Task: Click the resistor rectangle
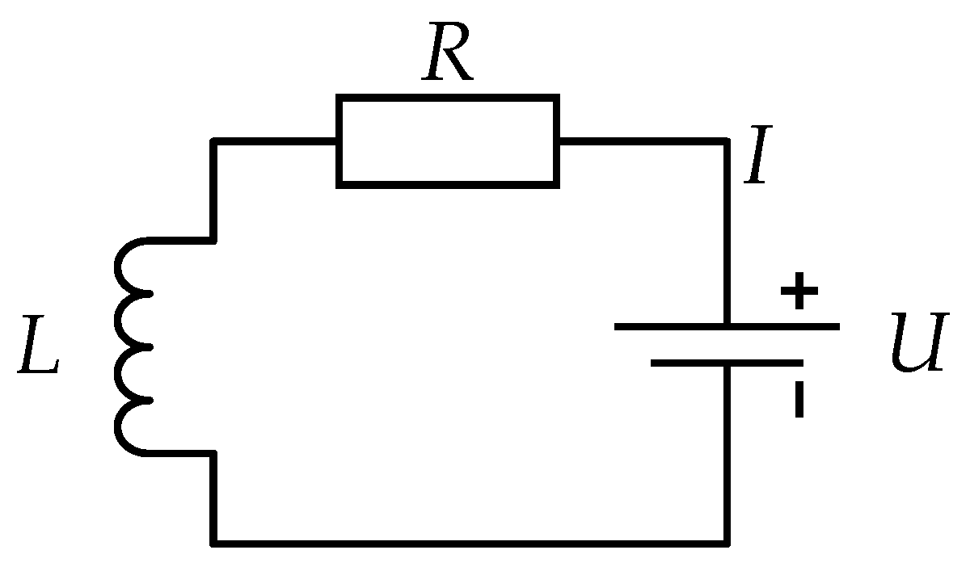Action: [447, 141]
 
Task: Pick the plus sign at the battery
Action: [799, 292]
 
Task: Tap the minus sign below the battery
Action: [799, 400]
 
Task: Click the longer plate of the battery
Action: [727, 326]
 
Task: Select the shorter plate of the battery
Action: [727, 363]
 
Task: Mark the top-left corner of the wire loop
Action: [214, 141]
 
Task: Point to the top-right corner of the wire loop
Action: [727, 141]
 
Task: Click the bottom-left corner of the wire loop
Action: [214, 541]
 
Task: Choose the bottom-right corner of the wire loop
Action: [727, 541]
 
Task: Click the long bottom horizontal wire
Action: [469, 541]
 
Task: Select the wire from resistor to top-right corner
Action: [643, 141]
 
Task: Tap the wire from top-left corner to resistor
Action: [275, 141]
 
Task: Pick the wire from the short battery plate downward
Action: [727, 452]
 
